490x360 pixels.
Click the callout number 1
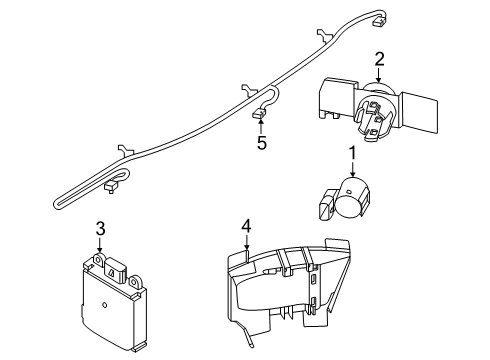[352, 153]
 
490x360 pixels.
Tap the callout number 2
[379, 59]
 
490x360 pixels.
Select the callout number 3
[101, 229]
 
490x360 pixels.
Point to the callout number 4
[246, 227]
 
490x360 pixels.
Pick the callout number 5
[262, 143]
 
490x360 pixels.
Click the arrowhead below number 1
[353, 173]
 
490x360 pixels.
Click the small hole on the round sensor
[348, 192]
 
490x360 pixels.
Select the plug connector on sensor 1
[326, 205]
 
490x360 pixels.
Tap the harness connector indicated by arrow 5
[258, 114]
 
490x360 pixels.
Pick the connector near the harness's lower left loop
[111, 187]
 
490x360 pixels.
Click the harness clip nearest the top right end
[323, 35]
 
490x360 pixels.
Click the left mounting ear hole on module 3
[98, 258]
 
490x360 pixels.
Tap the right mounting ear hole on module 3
[135, 282]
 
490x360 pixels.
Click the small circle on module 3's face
[104, 305]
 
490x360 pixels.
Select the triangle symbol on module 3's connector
[111, 273]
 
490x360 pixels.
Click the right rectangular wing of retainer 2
[419, 111]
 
